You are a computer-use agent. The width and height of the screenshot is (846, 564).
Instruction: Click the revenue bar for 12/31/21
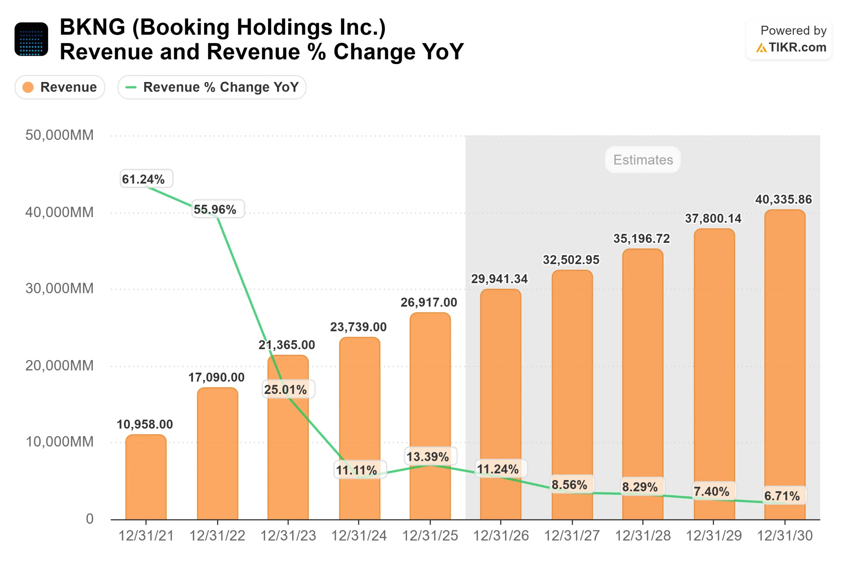tap(146, 478)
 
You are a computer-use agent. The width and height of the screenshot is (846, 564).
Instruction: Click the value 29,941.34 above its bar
tap(499, 279)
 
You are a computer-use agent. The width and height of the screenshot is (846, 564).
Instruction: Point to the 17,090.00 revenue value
tap(216, 377)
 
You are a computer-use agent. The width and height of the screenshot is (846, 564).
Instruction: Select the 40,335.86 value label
tap(784, 199)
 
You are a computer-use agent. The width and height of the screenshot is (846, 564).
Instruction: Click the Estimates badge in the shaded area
tap(643, 160)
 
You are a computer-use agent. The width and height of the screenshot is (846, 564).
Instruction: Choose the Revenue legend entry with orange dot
tap(60, 87)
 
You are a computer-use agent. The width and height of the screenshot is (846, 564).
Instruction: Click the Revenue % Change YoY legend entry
tap(212, 87)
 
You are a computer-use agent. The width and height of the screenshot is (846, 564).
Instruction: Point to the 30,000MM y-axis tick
tap(59, 288)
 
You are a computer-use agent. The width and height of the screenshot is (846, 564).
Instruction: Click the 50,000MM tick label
tap(59, 135)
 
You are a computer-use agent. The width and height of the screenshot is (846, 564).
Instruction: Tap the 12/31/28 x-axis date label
tap(643, 536)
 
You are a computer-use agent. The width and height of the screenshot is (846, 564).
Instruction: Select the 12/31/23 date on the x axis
tap(288, 536)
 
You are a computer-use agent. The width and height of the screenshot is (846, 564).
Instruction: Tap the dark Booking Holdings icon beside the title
tap(31, 39)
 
